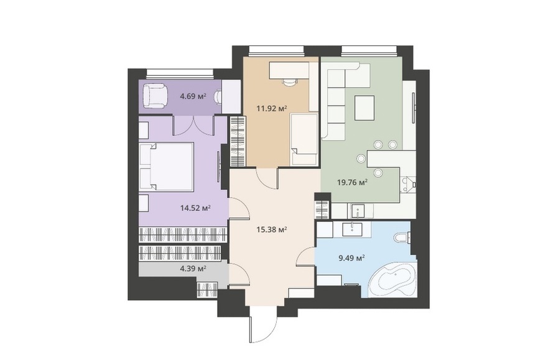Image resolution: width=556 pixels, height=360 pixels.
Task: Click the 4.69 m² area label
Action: pyautogui.click(x=193, y=96)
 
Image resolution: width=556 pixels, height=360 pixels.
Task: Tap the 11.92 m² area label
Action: pyautogui.click(x=272, y=108)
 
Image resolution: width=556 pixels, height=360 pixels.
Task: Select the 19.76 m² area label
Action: pyautogui.click(x=352, y=182)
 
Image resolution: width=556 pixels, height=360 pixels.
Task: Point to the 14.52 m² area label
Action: pyautogui.click(x=195, y=208)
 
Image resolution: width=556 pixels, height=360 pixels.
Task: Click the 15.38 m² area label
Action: pyautogui.click(x=272, y=229)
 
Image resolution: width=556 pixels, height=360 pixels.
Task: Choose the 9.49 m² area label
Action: pyautogui.click(x=352, y=258)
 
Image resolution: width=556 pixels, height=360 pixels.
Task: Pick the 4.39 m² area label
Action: pyautogui.click(x=193, y=269)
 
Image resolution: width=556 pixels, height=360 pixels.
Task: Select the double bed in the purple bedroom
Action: pyautogui.click(x=167, y=167)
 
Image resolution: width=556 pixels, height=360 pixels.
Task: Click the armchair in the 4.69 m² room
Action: pyautogui.click(x=155, y=95)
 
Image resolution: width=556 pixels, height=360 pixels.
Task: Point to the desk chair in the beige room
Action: pyautogui.click(x=289, y=83)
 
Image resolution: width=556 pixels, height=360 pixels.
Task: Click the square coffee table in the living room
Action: pyautogui.click(x=364, y=108)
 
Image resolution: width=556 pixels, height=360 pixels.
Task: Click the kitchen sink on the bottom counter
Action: pyautogui.click(x=358, y=211)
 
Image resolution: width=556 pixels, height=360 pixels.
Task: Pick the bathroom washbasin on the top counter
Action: pyautogui.click(x=352, y=229)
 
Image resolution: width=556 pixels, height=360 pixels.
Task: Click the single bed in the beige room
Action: pyautogui.click(x=304, y=139)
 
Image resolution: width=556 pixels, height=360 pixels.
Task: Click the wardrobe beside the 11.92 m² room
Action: pyautogui.click(x=238, y=141)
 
